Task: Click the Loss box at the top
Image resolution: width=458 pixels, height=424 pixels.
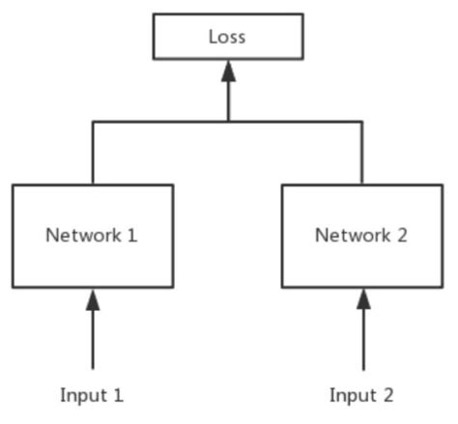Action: [x=228, y=38]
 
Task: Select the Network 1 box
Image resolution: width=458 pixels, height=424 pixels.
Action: [x=93, y=236]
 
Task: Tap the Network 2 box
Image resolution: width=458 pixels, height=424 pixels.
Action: [x=362, y=236]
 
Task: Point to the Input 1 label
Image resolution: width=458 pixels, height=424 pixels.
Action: [x=93, y=395]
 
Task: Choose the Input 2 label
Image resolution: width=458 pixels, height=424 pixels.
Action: [x=362, y=395]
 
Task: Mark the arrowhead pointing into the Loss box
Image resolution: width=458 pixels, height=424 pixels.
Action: [x=228, y=71]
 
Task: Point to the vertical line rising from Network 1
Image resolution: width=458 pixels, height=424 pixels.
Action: [x=93, y=153]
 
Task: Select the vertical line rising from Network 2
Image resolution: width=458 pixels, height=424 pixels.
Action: [x=363, y=153]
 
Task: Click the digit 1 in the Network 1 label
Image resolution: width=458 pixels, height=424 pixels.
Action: [x=131, y=235]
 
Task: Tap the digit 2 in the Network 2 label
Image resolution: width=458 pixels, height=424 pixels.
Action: [x=401, y=235]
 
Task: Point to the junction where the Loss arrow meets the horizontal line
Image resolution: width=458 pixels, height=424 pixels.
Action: [x=228, y=122]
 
